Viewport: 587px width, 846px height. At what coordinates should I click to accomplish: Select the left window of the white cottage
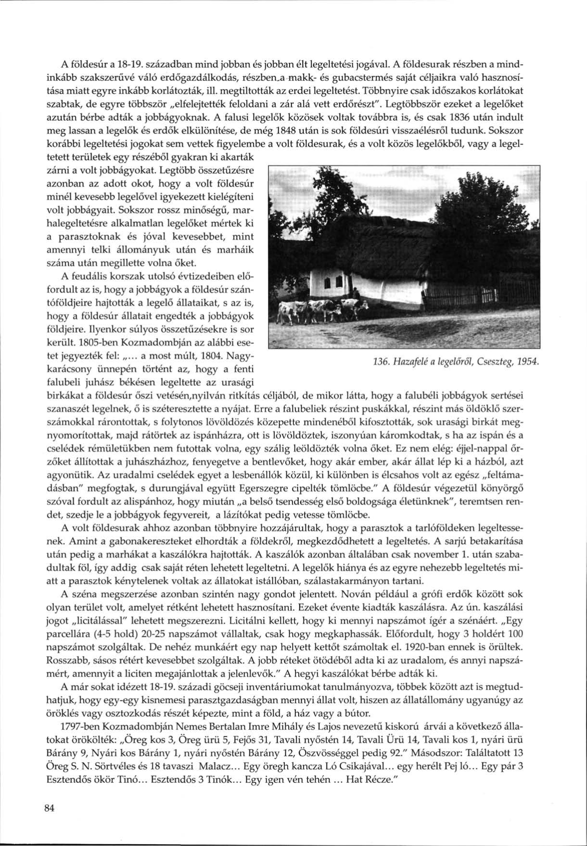click(328, 283)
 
